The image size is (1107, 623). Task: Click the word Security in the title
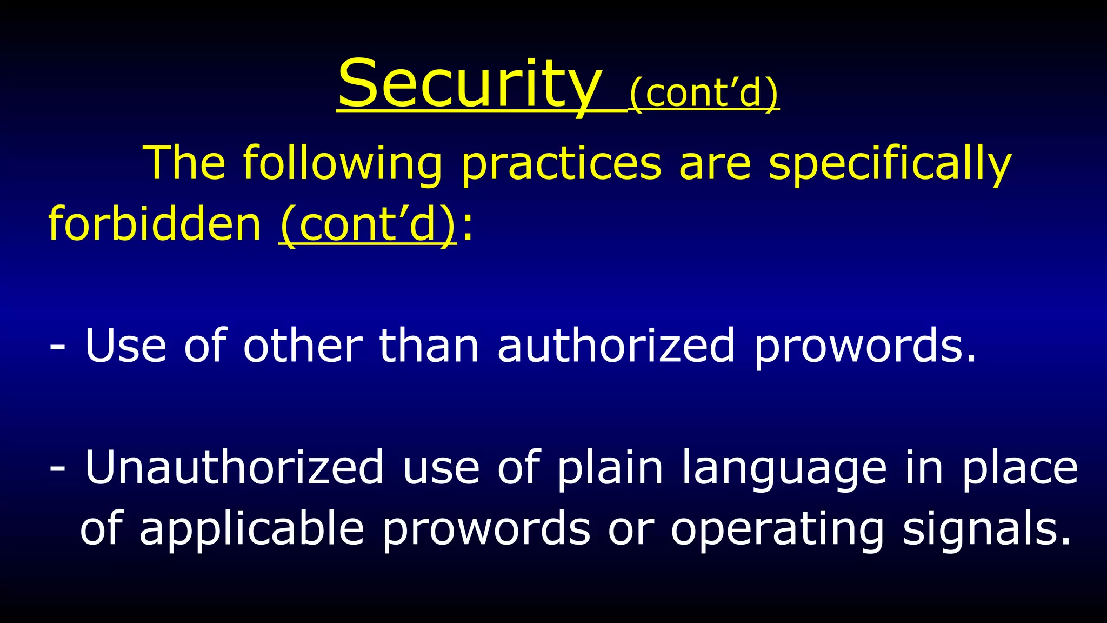[469, 85]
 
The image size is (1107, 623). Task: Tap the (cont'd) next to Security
[704, 93]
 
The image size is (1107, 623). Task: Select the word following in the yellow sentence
[342, 163]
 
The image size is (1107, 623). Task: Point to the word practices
[561, 164]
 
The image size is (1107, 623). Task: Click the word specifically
[890, 164]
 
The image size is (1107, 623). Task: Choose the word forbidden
[155, 224]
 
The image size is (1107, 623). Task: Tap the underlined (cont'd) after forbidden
[368, 225]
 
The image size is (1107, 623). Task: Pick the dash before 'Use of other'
[57, 347]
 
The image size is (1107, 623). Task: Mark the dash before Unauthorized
[57, 468]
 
